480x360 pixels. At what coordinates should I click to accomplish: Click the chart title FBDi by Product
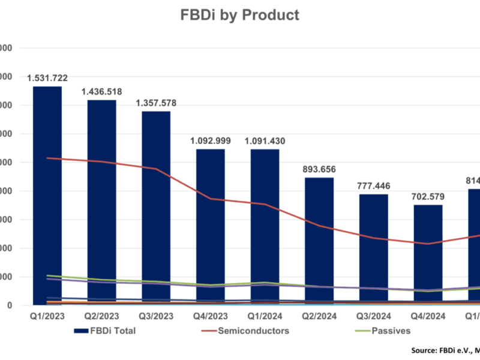point(240,15)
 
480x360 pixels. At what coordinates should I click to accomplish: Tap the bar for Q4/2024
point(428,255)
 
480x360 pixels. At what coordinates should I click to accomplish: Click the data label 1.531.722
point(47,78)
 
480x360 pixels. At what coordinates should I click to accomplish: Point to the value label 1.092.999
point(211,141)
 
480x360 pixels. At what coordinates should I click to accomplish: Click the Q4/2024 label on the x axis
point(428,314)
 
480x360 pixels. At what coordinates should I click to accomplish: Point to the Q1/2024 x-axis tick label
point(265,314)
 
